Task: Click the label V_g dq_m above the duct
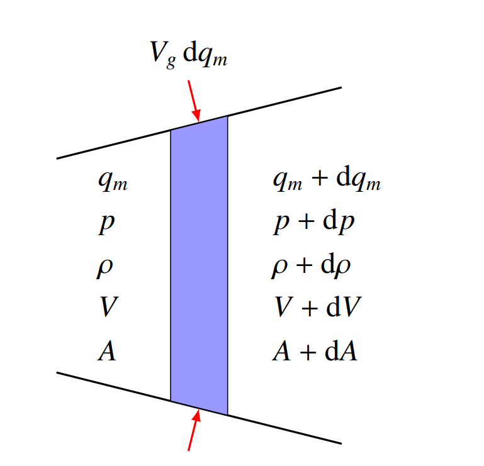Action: coord(189,55)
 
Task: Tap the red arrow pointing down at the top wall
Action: coord(194,101)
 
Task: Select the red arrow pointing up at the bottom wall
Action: coord(194,430)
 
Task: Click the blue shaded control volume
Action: coord(199,265)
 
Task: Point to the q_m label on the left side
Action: coord(113,181)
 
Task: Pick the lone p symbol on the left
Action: coord(107,224)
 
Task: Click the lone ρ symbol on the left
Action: coord(104,268)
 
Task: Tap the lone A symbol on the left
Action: coord(107,351)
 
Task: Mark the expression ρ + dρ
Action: coord(311,266)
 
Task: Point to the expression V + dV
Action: coord(318,306)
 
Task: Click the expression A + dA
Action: coord(315,350)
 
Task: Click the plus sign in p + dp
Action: coord(307,222)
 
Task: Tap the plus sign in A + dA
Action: coord(308,352)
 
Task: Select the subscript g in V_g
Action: coord(171,62)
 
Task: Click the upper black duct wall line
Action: coord(199,123)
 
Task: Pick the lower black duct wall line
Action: coord(199,408)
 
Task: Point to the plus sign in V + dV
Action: coord(309,308)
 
